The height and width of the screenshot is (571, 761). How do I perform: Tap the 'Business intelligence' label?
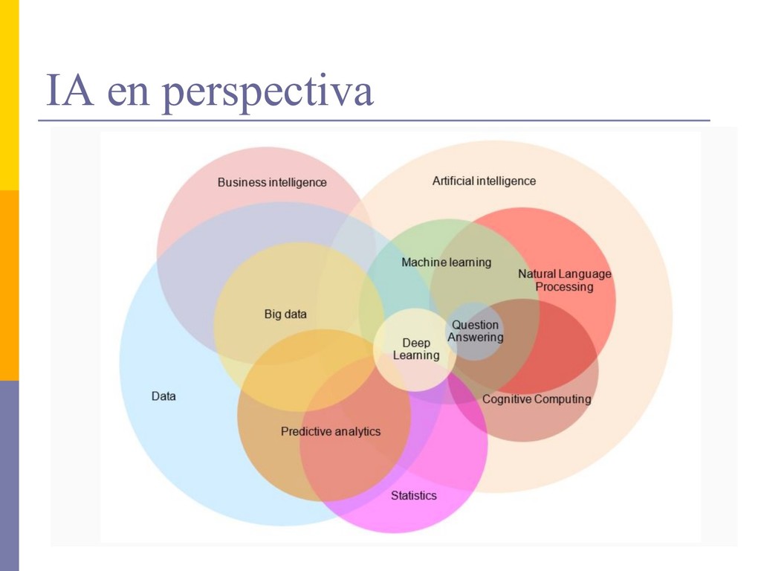272,182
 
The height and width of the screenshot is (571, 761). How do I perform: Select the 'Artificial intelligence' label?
484,181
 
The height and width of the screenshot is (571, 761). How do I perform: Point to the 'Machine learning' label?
446,262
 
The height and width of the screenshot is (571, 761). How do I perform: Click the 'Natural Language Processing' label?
565,280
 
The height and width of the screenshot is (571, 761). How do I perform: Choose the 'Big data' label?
285,314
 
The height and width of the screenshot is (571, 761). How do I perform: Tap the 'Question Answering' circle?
476,331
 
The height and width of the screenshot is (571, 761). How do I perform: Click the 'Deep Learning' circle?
416,349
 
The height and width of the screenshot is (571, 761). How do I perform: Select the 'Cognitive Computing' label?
537,399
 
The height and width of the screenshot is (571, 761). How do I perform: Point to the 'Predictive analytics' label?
331,431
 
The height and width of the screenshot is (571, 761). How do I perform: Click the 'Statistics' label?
414,495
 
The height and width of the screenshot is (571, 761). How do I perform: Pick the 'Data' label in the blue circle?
163,396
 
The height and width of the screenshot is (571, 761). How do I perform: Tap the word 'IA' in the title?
70,91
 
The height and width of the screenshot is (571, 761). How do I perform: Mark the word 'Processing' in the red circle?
565,287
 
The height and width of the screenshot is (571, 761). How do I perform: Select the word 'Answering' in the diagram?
476,338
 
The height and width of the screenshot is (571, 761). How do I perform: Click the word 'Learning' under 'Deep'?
416,355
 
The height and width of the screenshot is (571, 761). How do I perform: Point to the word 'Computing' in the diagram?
563,399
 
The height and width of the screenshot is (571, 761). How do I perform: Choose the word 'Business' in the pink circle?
242,182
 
